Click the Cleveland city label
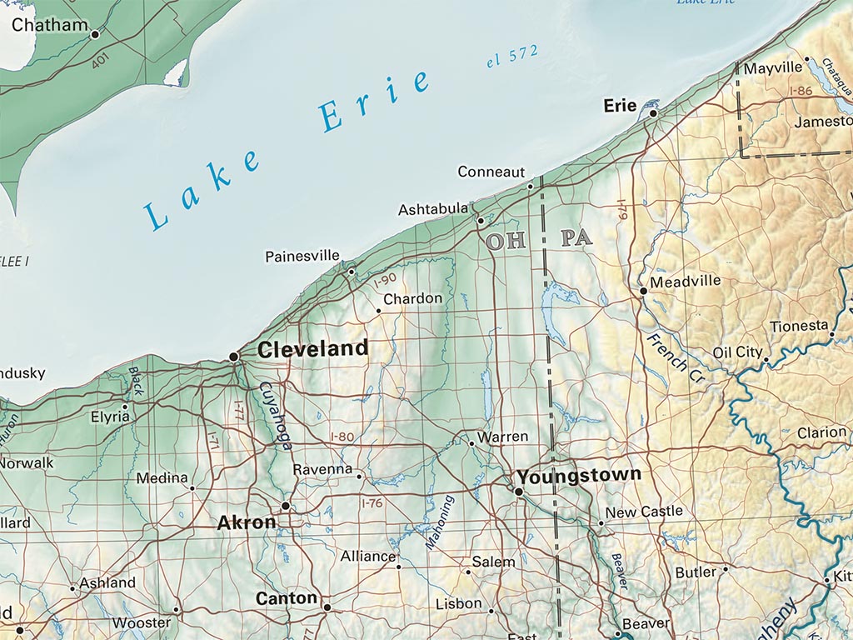tap(312, 349)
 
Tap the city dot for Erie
tap(654, 113)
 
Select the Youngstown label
tap(579, 476)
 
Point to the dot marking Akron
tap(286, 506)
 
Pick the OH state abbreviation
tap(506, 242)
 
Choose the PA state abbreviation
tap(576, 238)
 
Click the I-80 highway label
tap(342, 436)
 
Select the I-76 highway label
tap(372, 503)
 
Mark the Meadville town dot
tap(643, 292)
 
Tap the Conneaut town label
tap(491, 172)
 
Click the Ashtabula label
tap(432, 209)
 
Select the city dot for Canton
tap(327, 607)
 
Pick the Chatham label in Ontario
tap(49, 25)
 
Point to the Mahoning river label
tap(440, 522)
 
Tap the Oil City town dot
tap(766, 360)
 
